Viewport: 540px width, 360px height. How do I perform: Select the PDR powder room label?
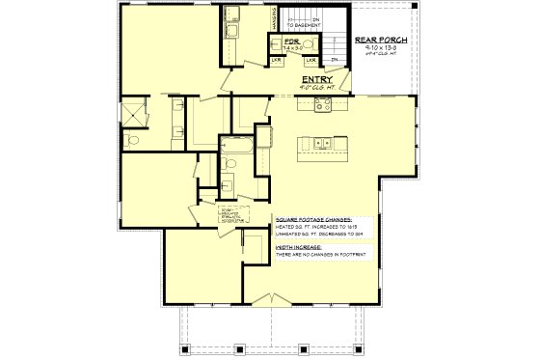(278, 41)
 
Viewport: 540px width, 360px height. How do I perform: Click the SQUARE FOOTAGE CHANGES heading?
(312, 220)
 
